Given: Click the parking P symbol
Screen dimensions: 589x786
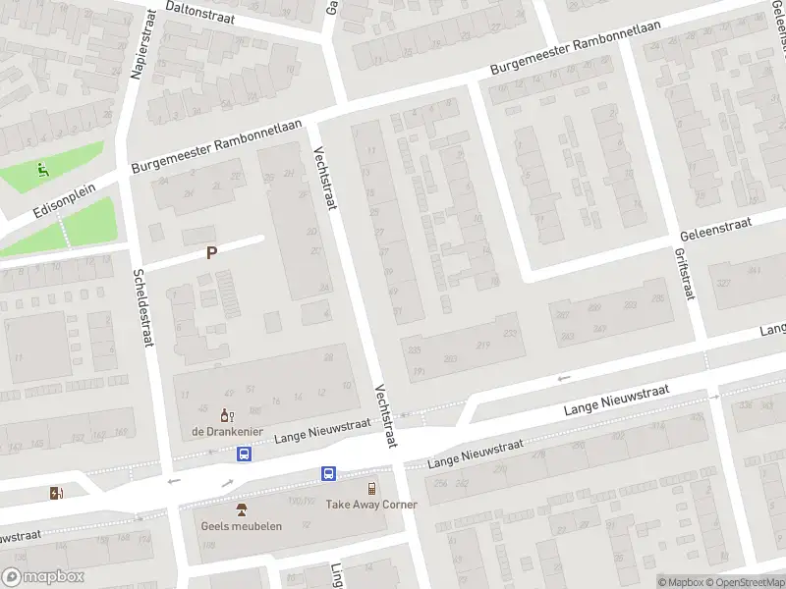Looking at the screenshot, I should pos(210,252).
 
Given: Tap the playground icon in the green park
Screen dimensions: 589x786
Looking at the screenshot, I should pos(41,169).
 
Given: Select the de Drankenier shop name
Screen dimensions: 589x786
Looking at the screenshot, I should pos(225,433).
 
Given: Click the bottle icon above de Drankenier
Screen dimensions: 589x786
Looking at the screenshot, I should pos(226,416).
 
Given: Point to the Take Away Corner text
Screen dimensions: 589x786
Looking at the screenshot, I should pos(371,505).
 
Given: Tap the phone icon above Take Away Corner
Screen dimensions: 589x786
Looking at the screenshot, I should pos(371,489).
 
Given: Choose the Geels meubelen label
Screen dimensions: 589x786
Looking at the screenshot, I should pos(242,525).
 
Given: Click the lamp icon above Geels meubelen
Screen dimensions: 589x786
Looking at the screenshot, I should pos(242,509).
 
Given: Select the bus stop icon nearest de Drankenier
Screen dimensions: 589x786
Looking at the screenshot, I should pos(244,454).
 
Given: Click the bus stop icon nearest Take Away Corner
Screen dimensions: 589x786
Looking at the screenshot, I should pos(328,474).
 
